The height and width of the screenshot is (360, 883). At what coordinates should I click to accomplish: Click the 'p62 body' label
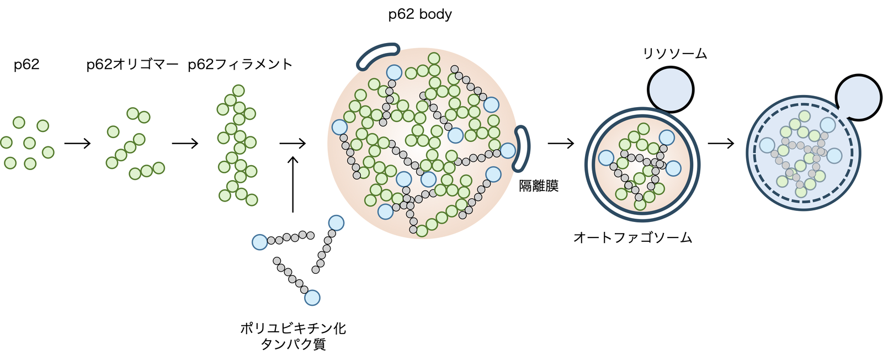(x=420, y=15)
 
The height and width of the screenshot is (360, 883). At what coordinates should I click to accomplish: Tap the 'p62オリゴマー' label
(x=132, y=65)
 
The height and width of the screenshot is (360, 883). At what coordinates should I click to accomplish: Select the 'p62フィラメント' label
(x=240, y=65)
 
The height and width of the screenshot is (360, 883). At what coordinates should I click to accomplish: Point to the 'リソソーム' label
(x=675, y=54)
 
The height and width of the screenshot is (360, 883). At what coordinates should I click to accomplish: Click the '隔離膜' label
(x=539, y=186)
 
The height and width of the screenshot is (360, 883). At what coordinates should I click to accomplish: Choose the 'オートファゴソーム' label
(x=632, y=238)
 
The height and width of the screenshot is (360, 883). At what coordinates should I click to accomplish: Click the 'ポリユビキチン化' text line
(x=293, y=329)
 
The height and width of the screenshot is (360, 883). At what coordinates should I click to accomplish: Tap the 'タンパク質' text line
(x=293, y=345)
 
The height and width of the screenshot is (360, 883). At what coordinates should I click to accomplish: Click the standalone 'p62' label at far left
(x=26, y=65)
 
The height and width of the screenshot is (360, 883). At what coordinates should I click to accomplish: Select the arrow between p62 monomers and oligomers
(x=77, y=144)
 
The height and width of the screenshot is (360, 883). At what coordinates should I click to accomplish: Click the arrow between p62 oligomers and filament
(x=185, y=144)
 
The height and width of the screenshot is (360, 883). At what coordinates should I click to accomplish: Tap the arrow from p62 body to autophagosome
(x=561, y=144)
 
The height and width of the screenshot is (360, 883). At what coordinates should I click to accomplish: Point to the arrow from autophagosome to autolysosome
(x=721, y=144)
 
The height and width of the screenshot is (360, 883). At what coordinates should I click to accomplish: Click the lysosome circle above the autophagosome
(x=670, y=89)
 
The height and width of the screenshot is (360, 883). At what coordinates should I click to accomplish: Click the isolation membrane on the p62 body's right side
(x=523, y=148)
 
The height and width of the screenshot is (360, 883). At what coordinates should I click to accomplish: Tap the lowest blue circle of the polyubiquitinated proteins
(x=312, y=298)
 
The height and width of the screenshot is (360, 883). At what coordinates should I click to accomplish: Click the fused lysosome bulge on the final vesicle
(x=858, y=97)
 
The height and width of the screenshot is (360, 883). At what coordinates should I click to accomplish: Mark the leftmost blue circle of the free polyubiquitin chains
(x=260, y=242)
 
